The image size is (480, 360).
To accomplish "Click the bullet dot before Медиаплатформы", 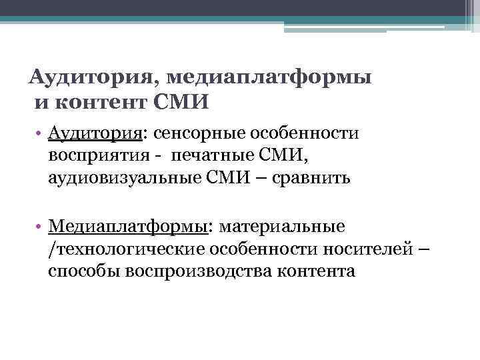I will point(41,227).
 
